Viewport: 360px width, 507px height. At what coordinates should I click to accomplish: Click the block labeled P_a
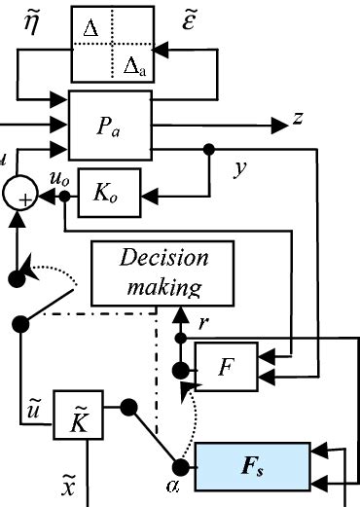(x=110, y=125)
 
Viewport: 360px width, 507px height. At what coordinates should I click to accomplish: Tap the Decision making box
(x=162, y=272)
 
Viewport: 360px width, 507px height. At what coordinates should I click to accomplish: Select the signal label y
(x=239, y=169)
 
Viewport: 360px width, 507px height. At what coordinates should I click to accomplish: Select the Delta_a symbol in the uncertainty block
(x=135, y=65)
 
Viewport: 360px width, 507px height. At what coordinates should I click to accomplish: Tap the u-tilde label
(x=34, y=406)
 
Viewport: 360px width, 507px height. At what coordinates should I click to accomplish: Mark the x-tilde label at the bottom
(x=40, y=484)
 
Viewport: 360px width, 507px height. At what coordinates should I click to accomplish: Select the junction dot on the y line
(x=208, y=150)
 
